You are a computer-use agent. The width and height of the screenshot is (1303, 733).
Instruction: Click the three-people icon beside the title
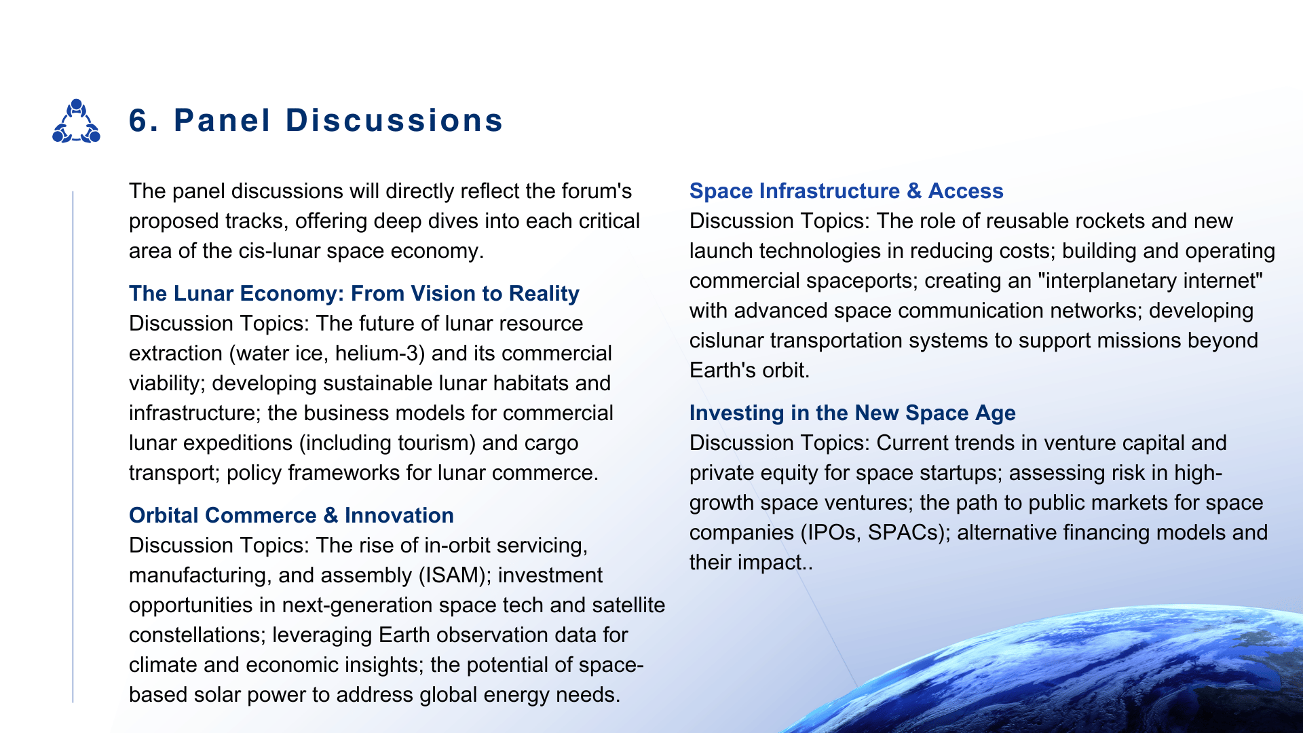tap(76, 121)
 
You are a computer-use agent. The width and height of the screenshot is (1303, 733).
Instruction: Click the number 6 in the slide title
tap(138, 121)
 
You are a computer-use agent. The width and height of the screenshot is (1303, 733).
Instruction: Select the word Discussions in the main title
tap(394, 121)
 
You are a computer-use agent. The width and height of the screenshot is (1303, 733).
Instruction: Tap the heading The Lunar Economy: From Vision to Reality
tap(354, 293)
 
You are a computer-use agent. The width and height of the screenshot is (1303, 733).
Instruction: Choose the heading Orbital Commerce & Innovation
tap(291, 515)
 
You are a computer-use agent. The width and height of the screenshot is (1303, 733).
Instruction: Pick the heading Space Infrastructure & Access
tap(846, 191)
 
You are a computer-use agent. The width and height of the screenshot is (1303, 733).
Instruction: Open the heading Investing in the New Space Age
tap(852, 413)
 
